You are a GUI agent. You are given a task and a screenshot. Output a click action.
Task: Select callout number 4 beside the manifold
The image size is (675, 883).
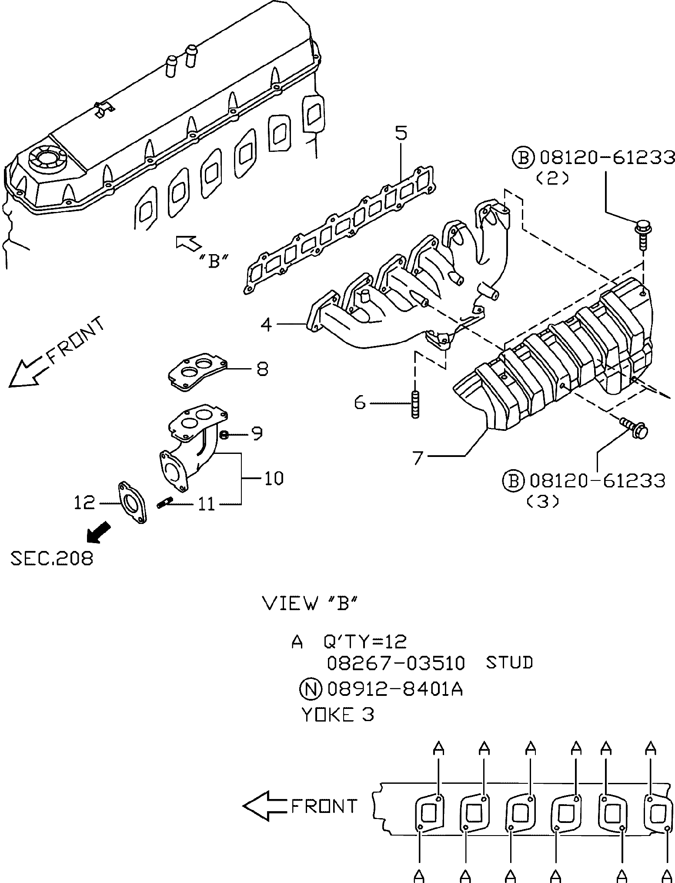tap(266, 324)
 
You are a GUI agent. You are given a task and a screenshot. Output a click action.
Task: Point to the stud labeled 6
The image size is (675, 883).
tap(414, 405)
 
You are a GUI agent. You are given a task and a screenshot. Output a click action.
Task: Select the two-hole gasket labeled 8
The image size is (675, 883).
tap(198, 372)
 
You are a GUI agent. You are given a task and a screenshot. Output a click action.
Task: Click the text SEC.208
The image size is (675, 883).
tap(52, 558)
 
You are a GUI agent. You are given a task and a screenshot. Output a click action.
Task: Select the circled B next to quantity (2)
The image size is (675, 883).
tap(523, 158)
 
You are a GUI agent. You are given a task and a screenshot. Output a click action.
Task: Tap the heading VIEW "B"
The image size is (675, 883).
tap(311, 603)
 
